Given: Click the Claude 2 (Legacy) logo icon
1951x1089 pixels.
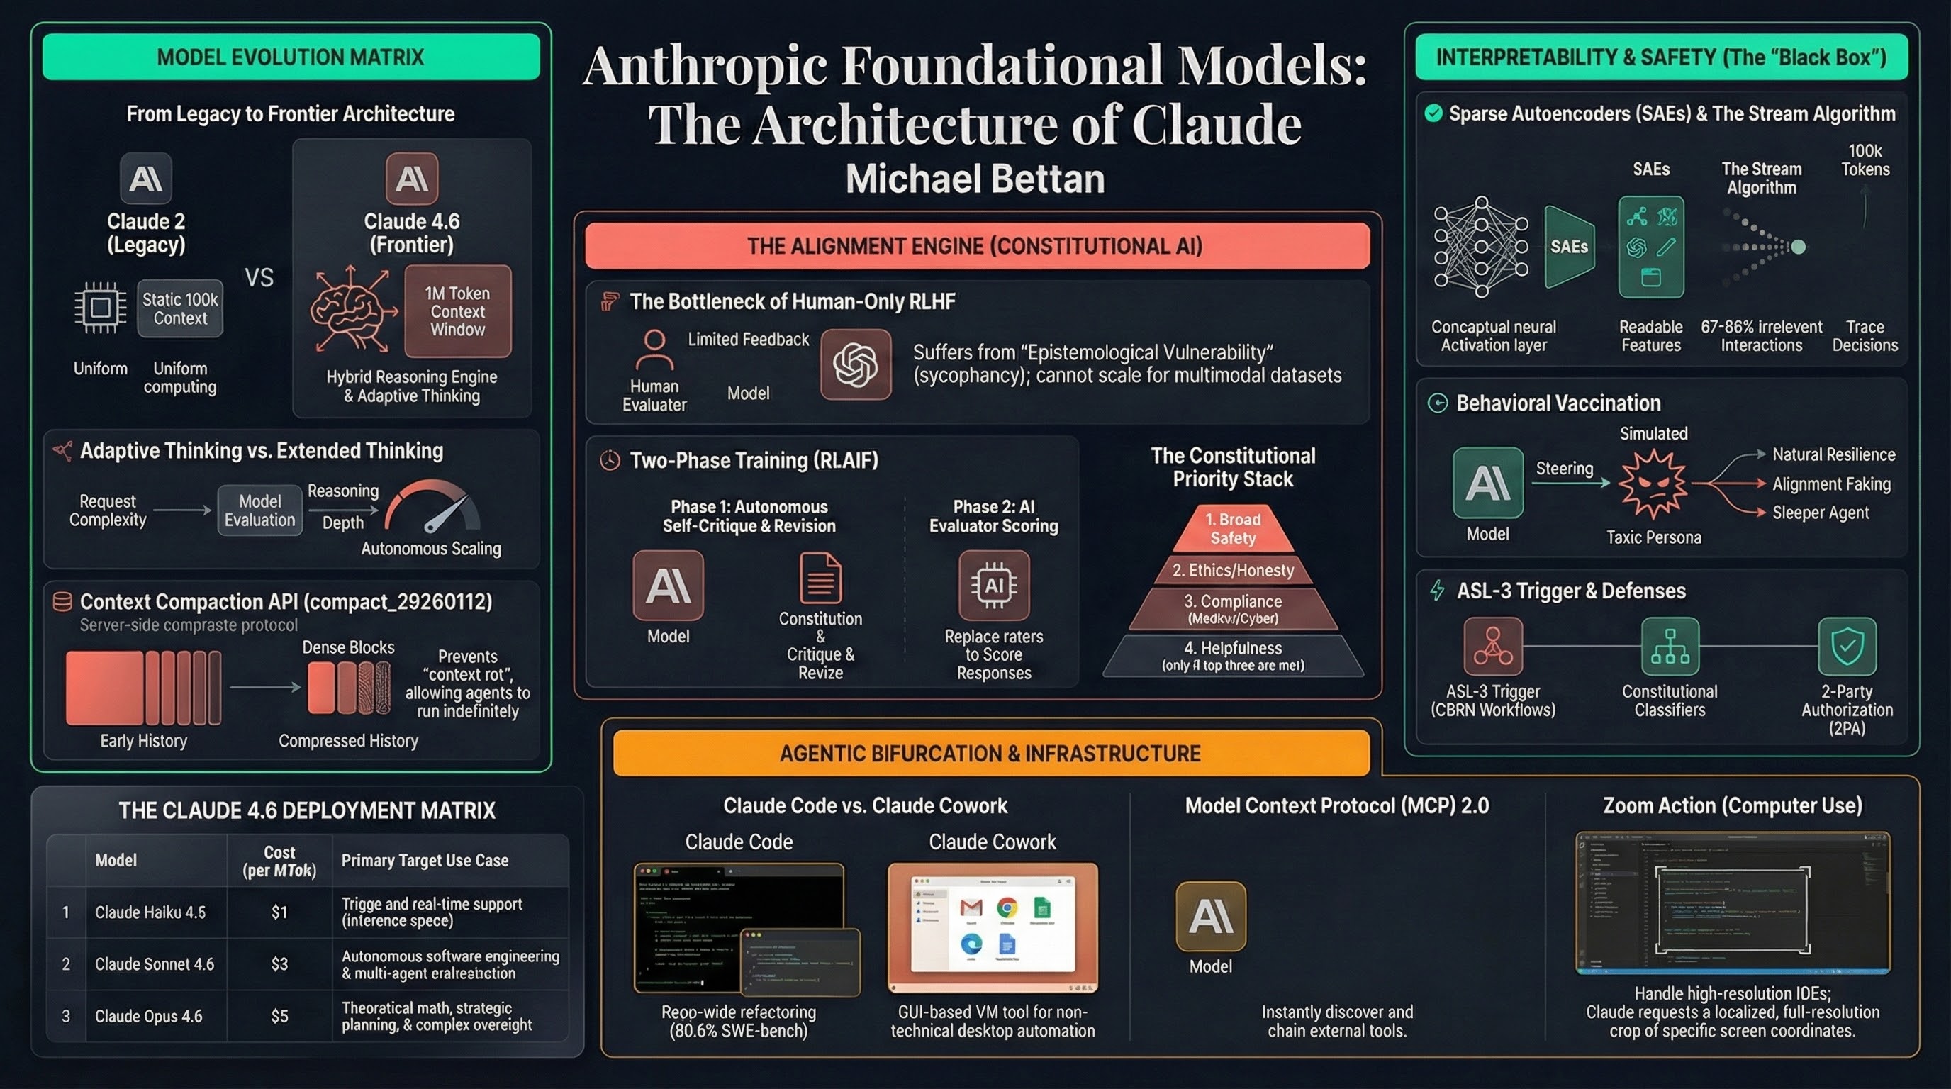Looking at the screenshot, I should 145,179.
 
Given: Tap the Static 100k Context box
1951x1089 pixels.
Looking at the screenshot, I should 180,309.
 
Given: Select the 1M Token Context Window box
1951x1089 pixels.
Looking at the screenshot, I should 457,311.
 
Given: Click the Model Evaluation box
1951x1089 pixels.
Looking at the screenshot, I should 259,510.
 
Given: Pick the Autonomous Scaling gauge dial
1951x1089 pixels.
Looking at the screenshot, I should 432,508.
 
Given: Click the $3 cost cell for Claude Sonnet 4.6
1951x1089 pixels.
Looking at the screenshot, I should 279,964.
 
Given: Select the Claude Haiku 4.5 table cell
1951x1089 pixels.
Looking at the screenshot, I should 150,912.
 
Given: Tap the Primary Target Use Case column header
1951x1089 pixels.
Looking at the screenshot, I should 424,860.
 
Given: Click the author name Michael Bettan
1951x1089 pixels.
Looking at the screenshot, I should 975,179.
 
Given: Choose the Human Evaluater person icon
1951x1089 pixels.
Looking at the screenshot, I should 654,349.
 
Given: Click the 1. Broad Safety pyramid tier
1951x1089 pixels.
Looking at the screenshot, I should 1233,529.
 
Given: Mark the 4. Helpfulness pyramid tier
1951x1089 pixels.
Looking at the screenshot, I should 1233,656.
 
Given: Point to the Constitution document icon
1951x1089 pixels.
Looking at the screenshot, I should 820,578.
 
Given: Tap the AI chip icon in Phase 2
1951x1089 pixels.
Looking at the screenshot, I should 994,586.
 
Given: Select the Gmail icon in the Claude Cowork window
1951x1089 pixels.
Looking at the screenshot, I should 971,907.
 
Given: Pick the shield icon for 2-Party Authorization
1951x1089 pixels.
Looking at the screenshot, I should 1847,646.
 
